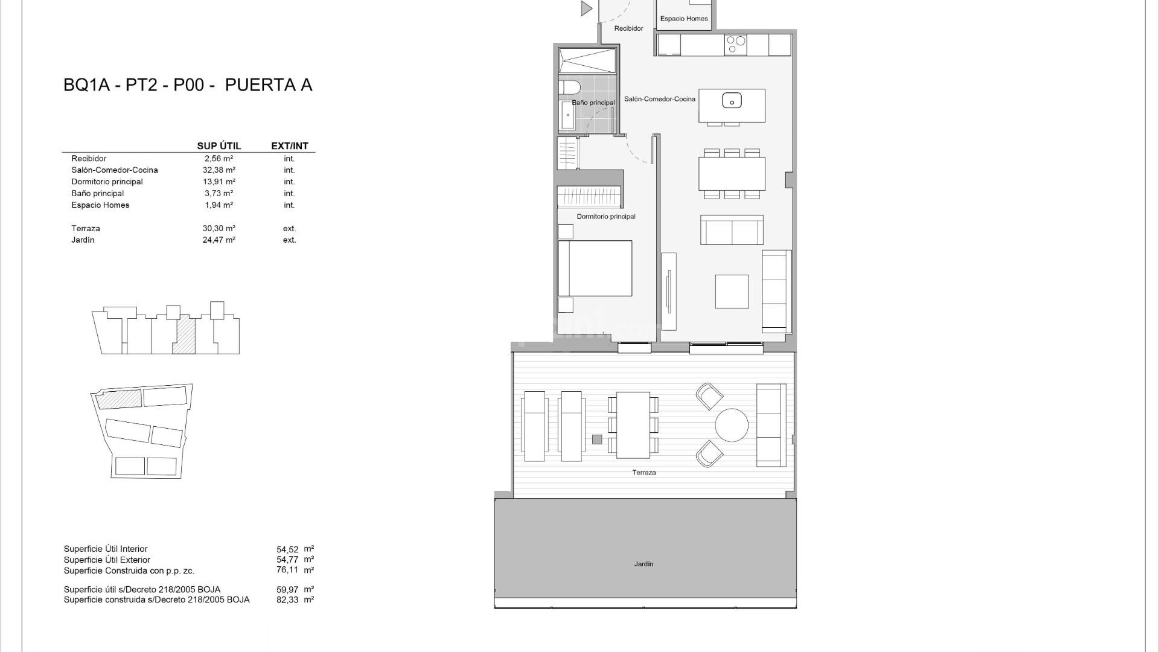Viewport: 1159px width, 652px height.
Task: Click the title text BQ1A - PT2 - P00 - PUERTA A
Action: (188, 85)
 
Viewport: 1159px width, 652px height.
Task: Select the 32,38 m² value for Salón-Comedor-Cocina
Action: (219, 170)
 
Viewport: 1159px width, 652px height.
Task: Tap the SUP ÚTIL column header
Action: (219, 146)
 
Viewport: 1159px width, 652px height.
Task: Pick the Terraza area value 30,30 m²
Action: (219, 229)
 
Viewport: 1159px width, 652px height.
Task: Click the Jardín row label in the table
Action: (83, 240)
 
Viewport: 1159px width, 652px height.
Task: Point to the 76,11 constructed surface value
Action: (287, 570)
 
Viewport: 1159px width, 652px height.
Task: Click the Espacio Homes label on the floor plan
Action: (683, 19)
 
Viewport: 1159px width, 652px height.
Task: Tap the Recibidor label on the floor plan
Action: (628, 28)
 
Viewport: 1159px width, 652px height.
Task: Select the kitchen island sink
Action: (732, 101)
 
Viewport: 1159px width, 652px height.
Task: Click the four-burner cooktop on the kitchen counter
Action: (736, 45)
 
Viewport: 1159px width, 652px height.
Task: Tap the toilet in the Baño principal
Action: (569, 88)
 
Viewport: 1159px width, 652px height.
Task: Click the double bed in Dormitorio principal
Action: (595, 268)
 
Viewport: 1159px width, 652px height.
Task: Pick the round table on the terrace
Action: (732, 425)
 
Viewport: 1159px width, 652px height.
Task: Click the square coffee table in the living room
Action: (732, 292)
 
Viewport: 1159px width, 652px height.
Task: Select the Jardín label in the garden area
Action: (643, 564)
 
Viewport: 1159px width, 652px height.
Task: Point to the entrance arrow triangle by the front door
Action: (586, 8)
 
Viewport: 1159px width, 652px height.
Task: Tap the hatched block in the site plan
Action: (120, 398)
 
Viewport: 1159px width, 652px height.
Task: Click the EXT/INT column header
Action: (290, 146)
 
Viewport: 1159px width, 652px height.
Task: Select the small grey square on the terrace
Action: (597, 439)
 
